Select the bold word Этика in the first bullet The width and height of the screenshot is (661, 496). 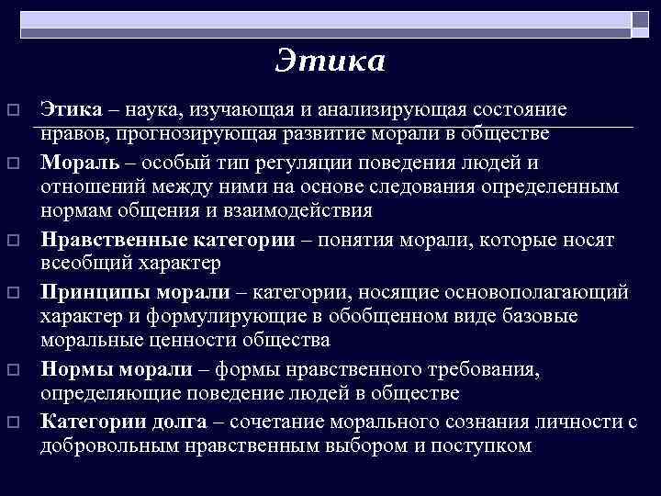click(71, 110)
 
